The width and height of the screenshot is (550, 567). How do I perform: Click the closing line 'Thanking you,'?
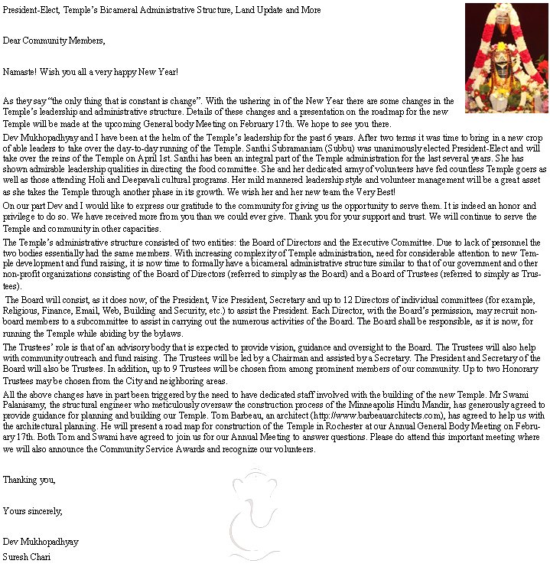pyautogui.click(x=29, y=480)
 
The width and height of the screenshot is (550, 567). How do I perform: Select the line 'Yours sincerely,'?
pyautogui.click(x=33, y=510)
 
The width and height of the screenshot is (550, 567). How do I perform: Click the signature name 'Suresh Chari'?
pyautogui.click(x=28, y=556)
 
